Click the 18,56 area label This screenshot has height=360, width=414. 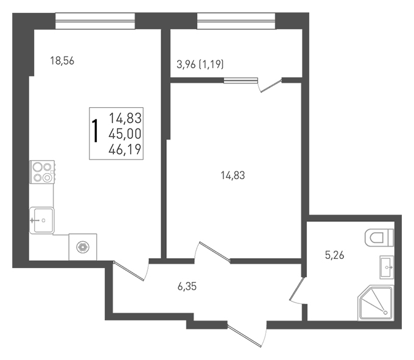(x=62, y=61)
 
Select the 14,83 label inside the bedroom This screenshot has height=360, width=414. (x=233, y=175)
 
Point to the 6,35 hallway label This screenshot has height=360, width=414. (x=187, y=286)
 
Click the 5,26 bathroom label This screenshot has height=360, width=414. (x=334, y=255)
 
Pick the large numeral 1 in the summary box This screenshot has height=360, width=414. (x=95, y=131)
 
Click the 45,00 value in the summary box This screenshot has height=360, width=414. (x=125, y=133)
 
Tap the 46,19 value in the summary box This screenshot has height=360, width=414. (x=125, y=149)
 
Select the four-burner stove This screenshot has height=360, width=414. (x=43, y=172)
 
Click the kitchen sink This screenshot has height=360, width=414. (x=42, y=221)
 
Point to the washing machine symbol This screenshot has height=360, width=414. (x=83, y=247)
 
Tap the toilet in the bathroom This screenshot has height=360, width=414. (x=379, y=238)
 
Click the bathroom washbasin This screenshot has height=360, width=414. (x=387, y=267)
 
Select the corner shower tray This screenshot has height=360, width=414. (x=376, y=303)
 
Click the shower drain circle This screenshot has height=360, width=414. (x=385, y=313)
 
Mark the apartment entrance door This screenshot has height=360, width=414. (x=247, y=334)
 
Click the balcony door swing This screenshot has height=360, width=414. (x=269, y=85)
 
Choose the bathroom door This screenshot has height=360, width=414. (x=298, y=290)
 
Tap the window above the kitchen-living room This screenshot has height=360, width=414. (x=95, y=21)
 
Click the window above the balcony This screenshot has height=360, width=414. (x=236, y=21)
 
